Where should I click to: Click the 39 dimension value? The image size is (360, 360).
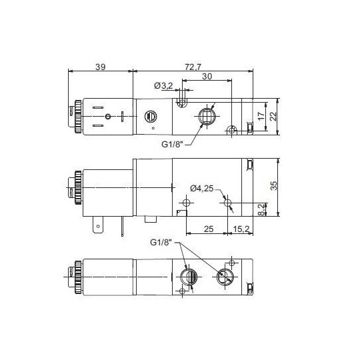tap(101, 67)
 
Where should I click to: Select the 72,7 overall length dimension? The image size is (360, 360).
tap(194, 67)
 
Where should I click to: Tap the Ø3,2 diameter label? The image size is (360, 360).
tap(163, 85)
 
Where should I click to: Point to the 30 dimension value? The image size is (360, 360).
tap(207, 77)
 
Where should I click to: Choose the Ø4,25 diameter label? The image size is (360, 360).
tap(202, 188)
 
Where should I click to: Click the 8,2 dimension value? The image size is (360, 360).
tap(262, 209)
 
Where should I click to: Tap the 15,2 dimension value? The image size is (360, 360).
tap(241, 229)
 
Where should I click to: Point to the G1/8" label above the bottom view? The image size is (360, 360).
tap(161, 241)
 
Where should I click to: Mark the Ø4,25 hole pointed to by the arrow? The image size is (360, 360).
tap(227, 201)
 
